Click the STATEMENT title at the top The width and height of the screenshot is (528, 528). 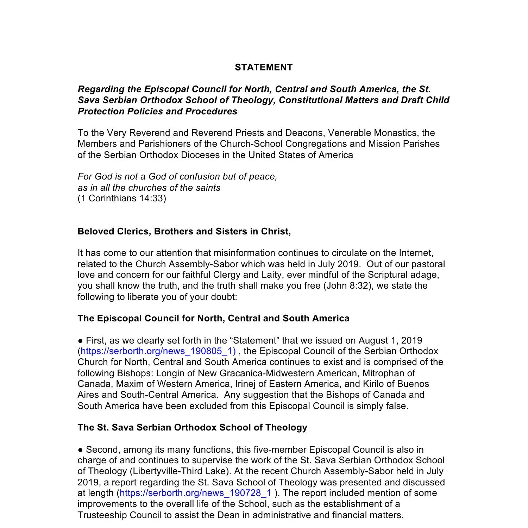(264, 67)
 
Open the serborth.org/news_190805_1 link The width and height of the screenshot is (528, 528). (158, 351)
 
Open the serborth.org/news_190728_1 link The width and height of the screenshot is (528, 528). (195, 493)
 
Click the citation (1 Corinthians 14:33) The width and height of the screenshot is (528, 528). (122, 198)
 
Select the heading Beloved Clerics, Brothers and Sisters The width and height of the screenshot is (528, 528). (184, 231)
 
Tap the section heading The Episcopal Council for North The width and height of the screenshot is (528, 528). (213, 318)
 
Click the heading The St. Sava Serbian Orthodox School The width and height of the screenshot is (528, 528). (192, 427)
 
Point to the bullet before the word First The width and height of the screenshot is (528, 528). (81, 341)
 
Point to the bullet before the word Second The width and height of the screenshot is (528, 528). (81, 450)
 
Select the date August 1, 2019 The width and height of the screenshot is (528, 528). (390, 340)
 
